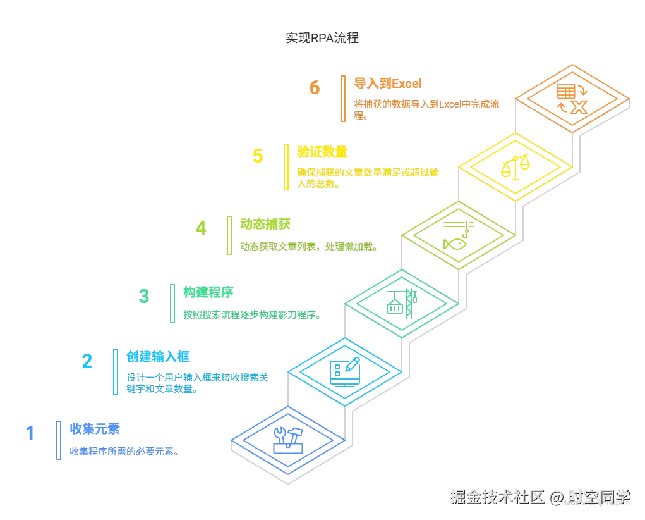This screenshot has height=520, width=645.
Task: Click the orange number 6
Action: point(315,87)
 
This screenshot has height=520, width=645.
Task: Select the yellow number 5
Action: point(258,156)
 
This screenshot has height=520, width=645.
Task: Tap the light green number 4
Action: point(201,228)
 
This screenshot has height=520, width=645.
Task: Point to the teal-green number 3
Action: point(145,295)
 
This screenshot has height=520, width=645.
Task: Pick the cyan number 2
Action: point(87,361)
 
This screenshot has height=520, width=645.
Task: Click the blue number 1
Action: point(30,433)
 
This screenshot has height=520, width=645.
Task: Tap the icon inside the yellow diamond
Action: point(515,168)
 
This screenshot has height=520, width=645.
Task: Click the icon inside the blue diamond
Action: point(288,438)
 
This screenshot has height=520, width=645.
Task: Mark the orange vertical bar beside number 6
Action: point(344,98)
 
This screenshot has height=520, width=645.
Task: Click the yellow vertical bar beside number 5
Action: point(286,166)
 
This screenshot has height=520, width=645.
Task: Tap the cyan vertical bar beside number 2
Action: point(116,371)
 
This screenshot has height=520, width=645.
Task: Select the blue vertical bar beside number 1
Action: point(59,440)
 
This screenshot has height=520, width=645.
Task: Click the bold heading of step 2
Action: point(150,356)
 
